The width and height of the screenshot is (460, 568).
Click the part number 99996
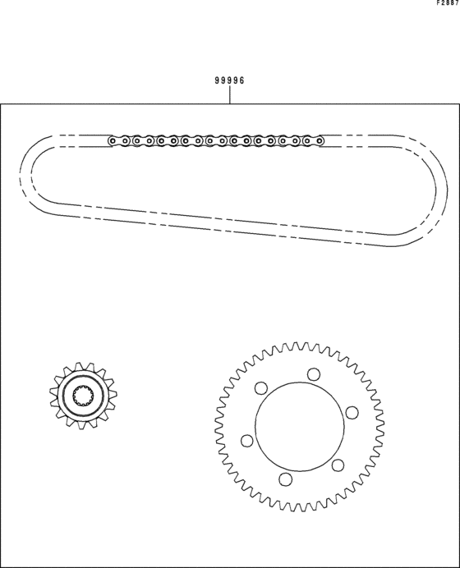pos(229,80)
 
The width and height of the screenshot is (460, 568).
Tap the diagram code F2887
pos(448,3)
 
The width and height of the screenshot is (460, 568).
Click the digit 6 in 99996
pos(241,80)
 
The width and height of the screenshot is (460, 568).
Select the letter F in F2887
pos(439,3)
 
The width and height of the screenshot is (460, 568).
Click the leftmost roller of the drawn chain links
pos(113,140)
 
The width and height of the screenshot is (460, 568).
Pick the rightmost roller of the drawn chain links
pos(320,140)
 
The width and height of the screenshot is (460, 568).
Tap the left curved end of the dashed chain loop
pos(25,177)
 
